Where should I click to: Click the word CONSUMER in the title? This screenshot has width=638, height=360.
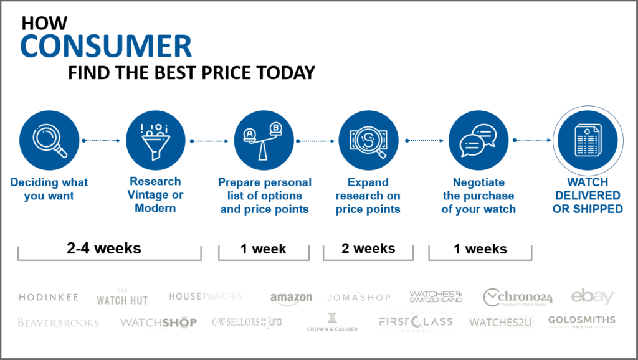[x=106, y=45]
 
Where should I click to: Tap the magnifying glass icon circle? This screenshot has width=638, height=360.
[x=49, y=140]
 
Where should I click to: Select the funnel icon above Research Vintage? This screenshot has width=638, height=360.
[x=155, y=140]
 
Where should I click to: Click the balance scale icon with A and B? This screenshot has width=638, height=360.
[x=264, y=140]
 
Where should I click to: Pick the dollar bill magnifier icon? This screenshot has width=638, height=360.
[x=368, y=140]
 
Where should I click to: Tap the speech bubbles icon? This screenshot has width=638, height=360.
[x=478, y=140]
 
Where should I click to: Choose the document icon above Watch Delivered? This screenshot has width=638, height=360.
[x=588, y=140]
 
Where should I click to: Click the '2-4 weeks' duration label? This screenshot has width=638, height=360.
[x=104, y=248]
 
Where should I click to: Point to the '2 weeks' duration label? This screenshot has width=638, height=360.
[x=368, y=248]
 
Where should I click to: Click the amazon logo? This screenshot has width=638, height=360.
[x=292, y=298]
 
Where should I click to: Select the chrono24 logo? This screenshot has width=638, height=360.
[x=518, y=297]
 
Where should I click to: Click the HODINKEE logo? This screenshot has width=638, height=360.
[x=49, y=297]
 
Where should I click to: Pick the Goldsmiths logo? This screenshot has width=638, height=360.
[x=581, y=321]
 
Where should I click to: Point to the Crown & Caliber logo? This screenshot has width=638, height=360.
[x=332, y=322]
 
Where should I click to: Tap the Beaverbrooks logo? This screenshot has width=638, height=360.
[x=58, y=323]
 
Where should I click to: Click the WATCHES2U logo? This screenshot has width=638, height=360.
[x=500, y=323]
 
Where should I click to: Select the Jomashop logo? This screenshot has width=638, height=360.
[x=358, y=297]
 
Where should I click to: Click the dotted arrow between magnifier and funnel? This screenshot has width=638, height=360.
[x=102, y=140]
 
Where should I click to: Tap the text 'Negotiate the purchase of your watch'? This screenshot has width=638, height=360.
[x=478, y=196]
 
